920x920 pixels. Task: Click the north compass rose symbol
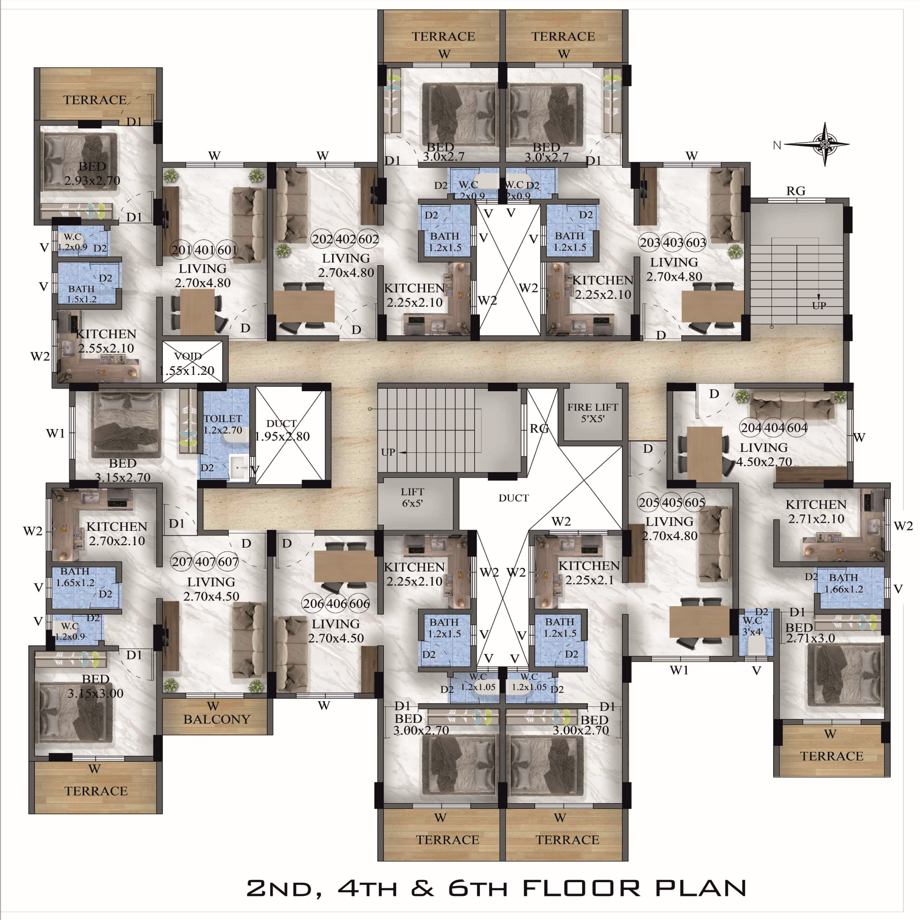pos(825,144)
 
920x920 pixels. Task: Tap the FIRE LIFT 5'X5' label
pos(592,413)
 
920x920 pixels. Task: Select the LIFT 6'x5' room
pos(413,497)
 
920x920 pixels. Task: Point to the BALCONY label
pos(217,719)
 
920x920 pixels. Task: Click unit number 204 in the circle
pos(751,428)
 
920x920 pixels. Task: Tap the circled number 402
pos(345,239)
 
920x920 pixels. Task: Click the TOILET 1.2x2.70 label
pos(223,424)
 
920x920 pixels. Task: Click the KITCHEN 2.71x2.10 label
pos(816,512)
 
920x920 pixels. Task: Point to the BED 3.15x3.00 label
pos(96,686)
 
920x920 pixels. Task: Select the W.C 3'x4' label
pos(753,626)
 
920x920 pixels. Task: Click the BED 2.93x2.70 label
pos(92,173)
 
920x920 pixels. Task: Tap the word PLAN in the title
pos(700,888)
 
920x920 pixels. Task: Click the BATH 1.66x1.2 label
pos(843,583)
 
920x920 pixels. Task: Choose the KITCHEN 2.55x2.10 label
pos(106,341)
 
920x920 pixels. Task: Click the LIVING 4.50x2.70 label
pos(764,454)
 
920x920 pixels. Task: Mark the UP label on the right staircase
pos(819,305)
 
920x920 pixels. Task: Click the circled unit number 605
pos(695,502)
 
